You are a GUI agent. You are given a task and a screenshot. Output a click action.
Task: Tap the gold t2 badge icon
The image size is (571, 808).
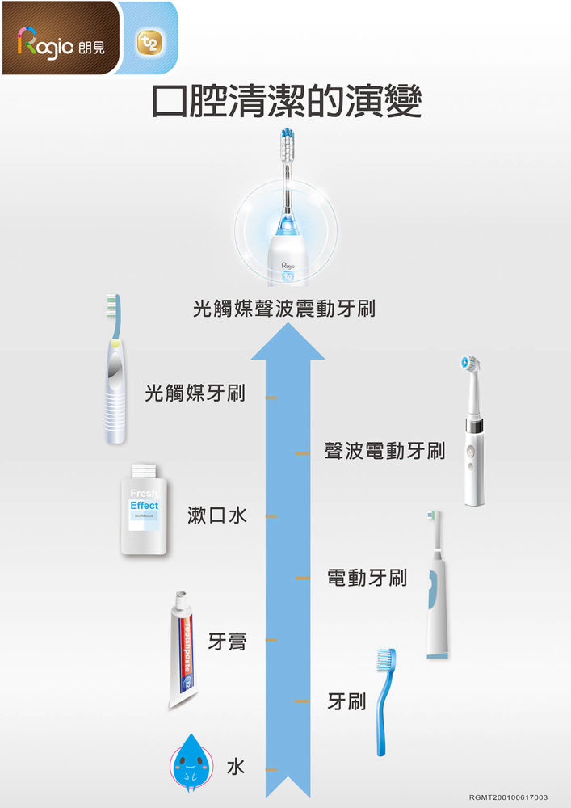click(x=149, y=42)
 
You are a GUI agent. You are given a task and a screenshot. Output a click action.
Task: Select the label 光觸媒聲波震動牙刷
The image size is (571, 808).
click(x=284, y=309)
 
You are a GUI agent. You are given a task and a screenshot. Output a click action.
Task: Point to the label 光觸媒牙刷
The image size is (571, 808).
click(x=195, y=393)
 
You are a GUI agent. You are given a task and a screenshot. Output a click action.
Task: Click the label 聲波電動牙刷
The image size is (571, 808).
click(x=384, y=450)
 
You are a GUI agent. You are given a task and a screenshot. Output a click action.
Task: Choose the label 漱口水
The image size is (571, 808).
click(x=217, y=515)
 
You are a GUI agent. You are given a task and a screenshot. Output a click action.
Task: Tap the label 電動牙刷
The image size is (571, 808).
click(x=367, y=578)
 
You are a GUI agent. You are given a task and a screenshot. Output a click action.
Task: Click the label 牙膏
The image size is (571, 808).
click(x=228, y=641)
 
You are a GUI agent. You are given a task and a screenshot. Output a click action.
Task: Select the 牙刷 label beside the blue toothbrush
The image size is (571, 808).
click(x=346, y=701)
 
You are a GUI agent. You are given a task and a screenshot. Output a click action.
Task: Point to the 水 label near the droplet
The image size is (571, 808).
click(x=236, y=767)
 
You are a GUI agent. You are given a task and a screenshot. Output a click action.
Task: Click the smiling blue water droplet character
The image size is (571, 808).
click(x=191, y=762)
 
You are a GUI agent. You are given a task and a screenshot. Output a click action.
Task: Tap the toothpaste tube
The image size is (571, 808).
click(x=183, y=650)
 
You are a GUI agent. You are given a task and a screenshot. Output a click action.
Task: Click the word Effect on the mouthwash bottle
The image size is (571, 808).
click(x=145, y=506)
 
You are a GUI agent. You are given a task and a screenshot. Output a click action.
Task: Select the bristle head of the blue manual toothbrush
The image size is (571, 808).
click(x=384, y=660)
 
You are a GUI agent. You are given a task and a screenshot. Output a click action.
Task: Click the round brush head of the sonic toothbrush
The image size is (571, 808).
click(x=469, y=363)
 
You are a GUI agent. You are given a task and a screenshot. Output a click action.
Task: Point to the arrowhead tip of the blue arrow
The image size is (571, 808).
click(x=288, y=324)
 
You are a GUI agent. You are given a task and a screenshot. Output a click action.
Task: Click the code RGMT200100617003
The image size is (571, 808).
click(x=508, y=797)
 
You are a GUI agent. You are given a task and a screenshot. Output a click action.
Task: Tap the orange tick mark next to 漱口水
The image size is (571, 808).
click(x=271, y=516)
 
